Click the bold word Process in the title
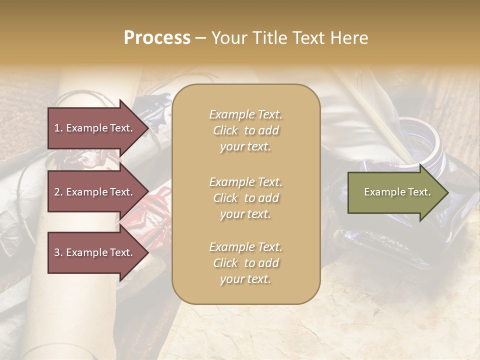pyautogui.click(x=157, y=38)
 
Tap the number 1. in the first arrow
pyautogui.click(x=58, y=128)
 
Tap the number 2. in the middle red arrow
pyautogui.click(x=58, y=192)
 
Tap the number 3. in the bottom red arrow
pyautogui.click(x=58, y=252)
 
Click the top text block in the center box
pyautogui.click(x=245, y=130)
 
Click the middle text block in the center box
pyautogui.click(x=245, y=198)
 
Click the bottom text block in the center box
pyautogui.click(x=245, y=263)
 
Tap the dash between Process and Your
pyautogui.click(x=200, y=38)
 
